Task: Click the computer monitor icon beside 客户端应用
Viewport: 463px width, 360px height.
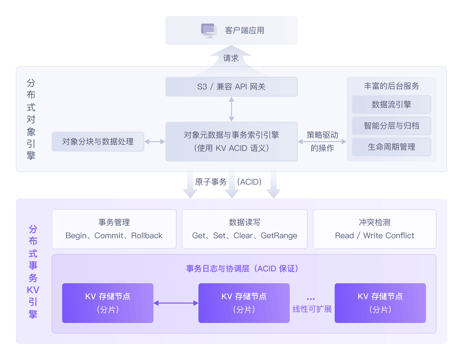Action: coord(209,30)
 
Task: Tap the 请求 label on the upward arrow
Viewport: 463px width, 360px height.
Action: coord(231,58)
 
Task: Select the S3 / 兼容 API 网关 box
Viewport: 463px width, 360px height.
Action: coord(231,87)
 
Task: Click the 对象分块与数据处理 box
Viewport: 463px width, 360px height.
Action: coord(98,142)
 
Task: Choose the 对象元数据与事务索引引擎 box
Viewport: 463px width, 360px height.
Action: coord(231,142)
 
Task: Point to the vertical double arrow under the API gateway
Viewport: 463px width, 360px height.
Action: coord(232,109)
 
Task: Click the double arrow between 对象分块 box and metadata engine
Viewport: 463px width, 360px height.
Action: coord(155,142)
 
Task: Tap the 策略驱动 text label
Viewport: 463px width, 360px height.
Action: coord(322,135)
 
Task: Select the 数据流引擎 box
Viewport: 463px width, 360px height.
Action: coord(391,105)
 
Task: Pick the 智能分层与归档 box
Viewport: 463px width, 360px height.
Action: coord(391,126)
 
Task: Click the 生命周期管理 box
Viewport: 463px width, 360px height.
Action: coord(391,147)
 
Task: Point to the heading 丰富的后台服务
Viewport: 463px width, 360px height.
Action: coord(391,86)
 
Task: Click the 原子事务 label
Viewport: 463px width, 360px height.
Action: coord(211,182)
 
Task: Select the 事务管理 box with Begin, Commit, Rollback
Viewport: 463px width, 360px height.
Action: coord(114,229)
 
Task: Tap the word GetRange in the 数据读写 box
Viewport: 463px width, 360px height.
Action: coord(279,236)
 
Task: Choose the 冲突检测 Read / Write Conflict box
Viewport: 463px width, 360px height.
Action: coord(374,229)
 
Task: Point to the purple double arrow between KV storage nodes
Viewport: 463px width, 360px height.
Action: coord(176,303)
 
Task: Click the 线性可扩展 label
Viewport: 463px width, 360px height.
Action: coord(312,309)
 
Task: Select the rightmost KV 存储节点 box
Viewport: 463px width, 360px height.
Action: coord(380,303)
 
